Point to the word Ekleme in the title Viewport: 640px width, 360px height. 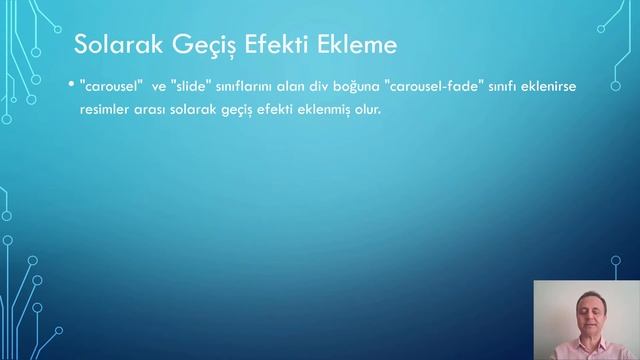(x=356, y=46)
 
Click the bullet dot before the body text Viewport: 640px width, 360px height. (x=71, y=87)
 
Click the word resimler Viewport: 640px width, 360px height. (x=103, y=109)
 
